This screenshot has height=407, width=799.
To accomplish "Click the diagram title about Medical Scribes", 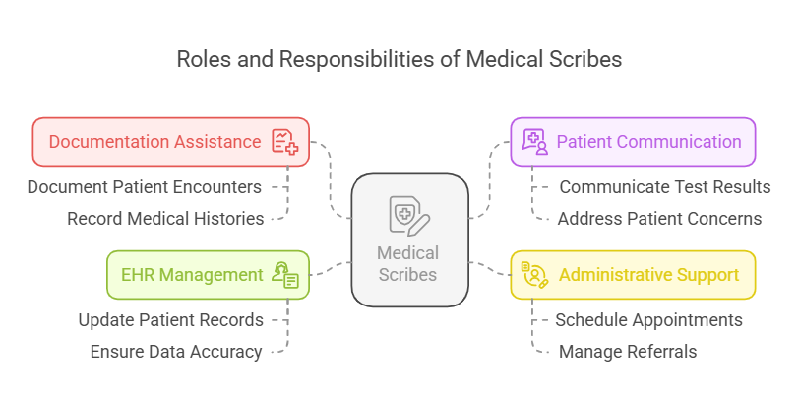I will click(399, 59).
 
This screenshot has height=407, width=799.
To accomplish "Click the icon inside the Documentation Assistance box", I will click(285, 142).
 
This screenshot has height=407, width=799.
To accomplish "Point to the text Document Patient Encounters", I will click(144, 186).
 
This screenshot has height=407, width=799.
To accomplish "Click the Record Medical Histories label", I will click(165, 218).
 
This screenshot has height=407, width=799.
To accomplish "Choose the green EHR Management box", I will click(207, 275).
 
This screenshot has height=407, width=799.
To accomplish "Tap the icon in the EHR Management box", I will click(286, 275).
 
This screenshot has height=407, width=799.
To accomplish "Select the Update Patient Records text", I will click(170, 319).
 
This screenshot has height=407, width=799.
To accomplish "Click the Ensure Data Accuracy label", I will click(176, 351).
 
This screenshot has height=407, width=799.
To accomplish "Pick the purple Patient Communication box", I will click(632, 142).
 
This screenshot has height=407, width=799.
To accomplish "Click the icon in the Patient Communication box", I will click(534, 142).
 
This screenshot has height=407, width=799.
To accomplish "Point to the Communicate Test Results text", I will click(665, 186).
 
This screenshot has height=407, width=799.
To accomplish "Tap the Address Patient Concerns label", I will click(659, 218).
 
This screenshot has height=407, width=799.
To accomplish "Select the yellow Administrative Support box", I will click(632, 275).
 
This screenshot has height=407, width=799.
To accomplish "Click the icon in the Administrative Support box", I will click(534, 275).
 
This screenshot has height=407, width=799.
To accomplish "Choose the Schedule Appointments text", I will click(648, 319).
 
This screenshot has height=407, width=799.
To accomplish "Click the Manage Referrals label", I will click(628, 351).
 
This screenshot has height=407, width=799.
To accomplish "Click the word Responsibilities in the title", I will click(370, 59).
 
